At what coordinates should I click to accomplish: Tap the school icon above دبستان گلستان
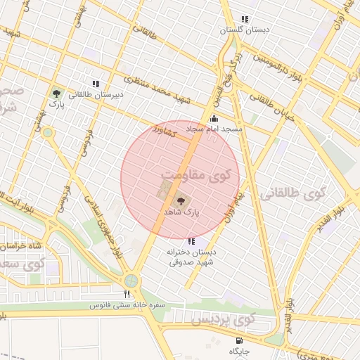[245, 20]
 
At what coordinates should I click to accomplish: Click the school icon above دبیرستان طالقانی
[96, 84]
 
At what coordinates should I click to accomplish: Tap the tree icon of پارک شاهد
[181, 201]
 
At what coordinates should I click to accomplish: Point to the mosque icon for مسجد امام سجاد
[214, 120]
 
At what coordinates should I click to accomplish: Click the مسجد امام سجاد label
[214, 129]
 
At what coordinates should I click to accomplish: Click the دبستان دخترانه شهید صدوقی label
[192, 257]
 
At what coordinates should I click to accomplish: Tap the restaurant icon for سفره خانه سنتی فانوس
[127, 295]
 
